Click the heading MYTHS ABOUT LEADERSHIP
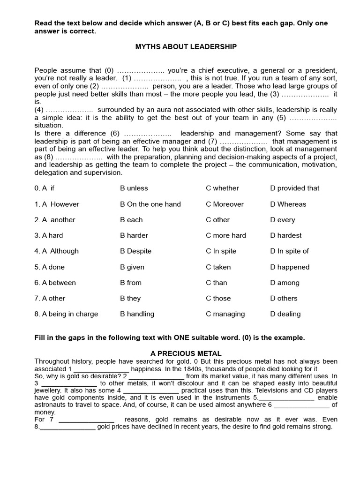pos(186,46)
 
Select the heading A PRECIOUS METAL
pos(186,353)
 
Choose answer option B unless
pos(134,188)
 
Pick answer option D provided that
pos(294,188)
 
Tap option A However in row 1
pos(57,204)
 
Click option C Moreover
pos(225,204)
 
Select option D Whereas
pos(288,204)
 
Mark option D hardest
pos(285,235)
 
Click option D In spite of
pos(289,251)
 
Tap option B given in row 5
pos(132,267)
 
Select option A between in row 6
pos(55,283)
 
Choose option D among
pos(285,283)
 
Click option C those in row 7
pos(218,298)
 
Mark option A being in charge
pos(66,314)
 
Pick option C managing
pos(225,314)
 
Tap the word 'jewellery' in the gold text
pos(48,390)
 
